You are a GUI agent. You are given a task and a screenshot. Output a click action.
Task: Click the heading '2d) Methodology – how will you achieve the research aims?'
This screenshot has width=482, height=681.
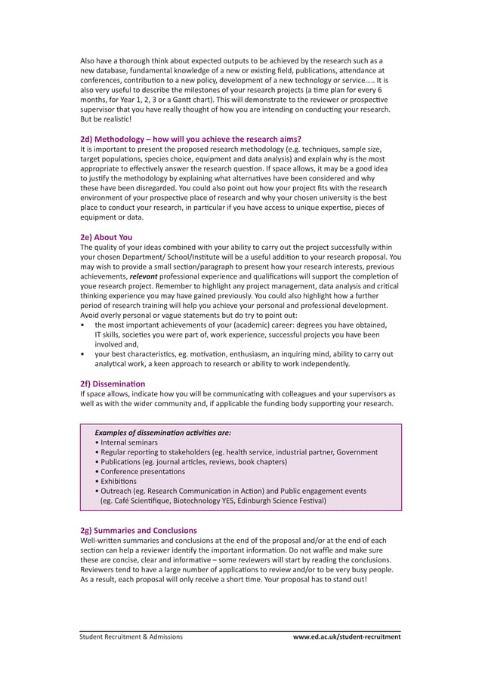coord(190,139)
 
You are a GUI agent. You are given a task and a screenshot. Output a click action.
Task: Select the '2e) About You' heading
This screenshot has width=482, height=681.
coord(107,236)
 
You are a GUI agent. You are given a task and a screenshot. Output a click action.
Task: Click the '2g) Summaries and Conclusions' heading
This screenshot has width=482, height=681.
coord(138,531)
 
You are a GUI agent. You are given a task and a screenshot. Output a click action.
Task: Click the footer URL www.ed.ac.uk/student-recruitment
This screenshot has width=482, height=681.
coord(347,636)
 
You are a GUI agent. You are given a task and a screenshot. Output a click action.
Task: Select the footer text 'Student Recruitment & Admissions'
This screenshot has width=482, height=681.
coord(131,636)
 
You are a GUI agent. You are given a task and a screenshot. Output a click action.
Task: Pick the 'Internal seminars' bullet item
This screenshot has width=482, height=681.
coord(126,442)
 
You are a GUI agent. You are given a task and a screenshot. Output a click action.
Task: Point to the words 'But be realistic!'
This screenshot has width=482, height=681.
coord(106,119)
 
